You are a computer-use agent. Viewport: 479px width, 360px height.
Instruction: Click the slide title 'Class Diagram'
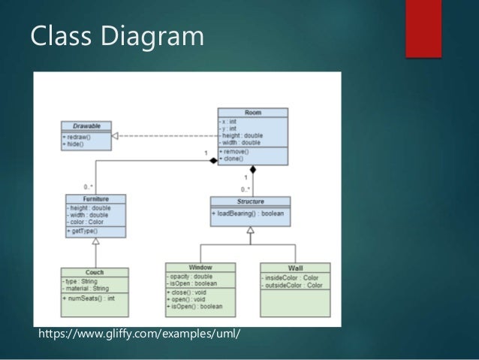116,35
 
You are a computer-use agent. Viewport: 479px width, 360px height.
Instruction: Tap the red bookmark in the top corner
423,27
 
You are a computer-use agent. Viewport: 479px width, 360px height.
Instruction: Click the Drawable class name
86,126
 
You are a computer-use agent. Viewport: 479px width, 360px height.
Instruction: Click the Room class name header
253,112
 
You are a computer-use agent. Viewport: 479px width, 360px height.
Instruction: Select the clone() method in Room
235,159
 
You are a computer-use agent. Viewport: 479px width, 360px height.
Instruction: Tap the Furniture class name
95,199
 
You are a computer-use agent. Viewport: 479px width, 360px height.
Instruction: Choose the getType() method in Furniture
84,231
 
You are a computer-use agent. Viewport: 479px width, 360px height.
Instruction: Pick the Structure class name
250,201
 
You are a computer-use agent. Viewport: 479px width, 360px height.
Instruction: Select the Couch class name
95,272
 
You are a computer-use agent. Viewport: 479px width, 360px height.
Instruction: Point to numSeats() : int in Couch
89,298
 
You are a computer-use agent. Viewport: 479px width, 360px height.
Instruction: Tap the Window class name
200,267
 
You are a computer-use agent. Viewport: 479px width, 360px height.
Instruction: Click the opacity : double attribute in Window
191,276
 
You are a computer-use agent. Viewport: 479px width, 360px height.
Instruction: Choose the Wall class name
295,268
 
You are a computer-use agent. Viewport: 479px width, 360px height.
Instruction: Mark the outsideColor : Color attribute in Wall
293,286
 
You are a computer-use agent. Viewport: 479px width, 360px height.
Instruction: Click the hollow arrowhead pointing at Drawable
115,136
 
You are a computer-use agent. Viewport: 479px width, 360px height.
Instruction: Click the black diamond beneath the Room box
253,169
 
